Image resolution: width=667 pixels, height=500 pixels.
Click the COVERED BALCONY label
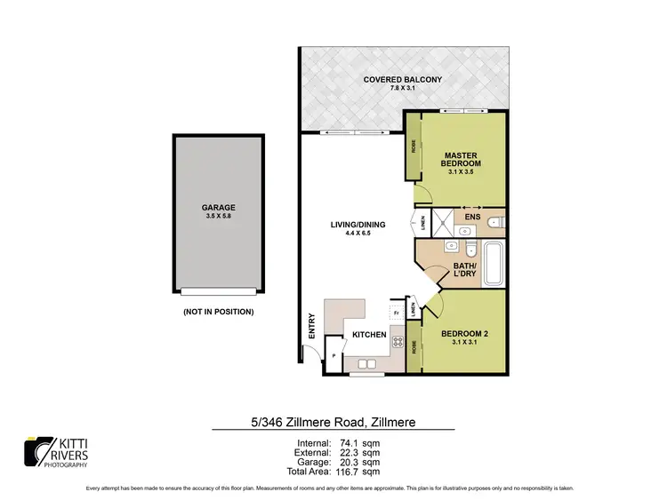[x=403, y=81]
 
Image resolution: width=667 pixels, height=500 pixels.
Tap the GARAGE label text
[x=218, y=207]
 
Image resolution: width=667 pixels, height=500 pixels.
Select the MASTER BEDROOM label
[x=461, y=159]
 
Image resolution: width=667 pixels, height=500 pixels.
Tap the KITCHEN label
[x=369, y=335]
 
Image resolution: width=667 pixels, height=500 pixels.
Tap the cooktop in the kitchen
[x=394, y=342]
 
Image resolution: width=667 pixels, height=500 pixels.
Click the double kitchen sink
[x=366, y=363]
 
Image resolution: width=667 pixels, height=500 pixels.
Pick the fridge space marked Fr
[x=394, y=312]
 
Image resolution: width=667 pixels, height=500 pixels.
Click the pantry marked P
[x=333, y=355]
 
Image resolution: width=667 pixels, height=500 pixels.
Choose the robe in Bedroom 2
[x=414, y=349]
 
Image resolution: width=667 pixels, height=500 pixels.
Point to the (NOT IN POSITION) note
[x=218, y=312]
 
